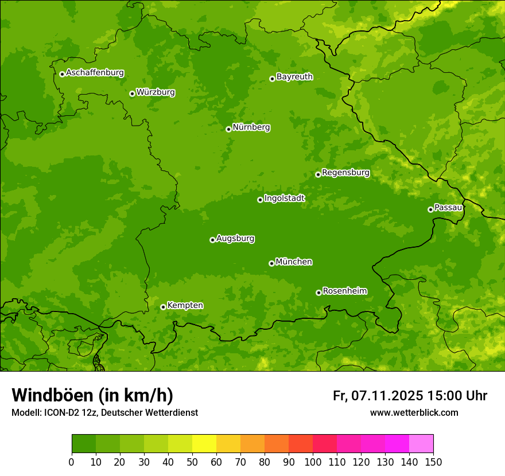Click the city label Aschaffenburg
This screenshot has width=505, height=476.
95,73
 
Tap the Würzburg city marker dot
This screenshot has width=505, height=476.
132,93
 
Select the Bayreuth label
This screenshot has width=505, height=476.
294,77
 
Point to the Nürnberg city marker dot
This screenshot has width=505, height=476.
228,129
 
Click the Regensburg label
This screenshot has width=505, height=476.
345,173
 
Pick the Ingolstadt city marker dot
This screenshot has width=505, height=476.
260,200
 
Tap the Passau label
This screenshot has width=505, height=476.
448,208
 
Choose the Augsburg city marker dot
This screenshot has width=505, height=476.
212,240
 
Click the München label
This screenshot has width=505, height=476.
294,262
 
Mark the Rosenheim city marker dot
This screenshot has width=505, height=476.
318,292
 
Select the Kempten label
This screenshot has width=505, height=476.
185,306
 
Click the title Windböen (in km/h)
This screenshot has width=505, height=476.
92,395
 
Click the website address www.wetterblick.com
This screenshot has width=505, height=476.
414,413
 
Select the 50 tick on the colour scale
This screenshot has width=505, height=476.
192,462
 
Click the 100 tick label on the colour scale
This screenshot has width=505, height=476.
313,462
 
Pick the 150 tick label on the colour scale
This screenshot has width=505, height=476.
433,462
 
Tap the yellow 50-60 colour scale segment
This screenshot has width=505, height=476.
204,443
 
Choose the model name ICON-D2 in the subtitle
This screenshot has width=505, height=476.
60,413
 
